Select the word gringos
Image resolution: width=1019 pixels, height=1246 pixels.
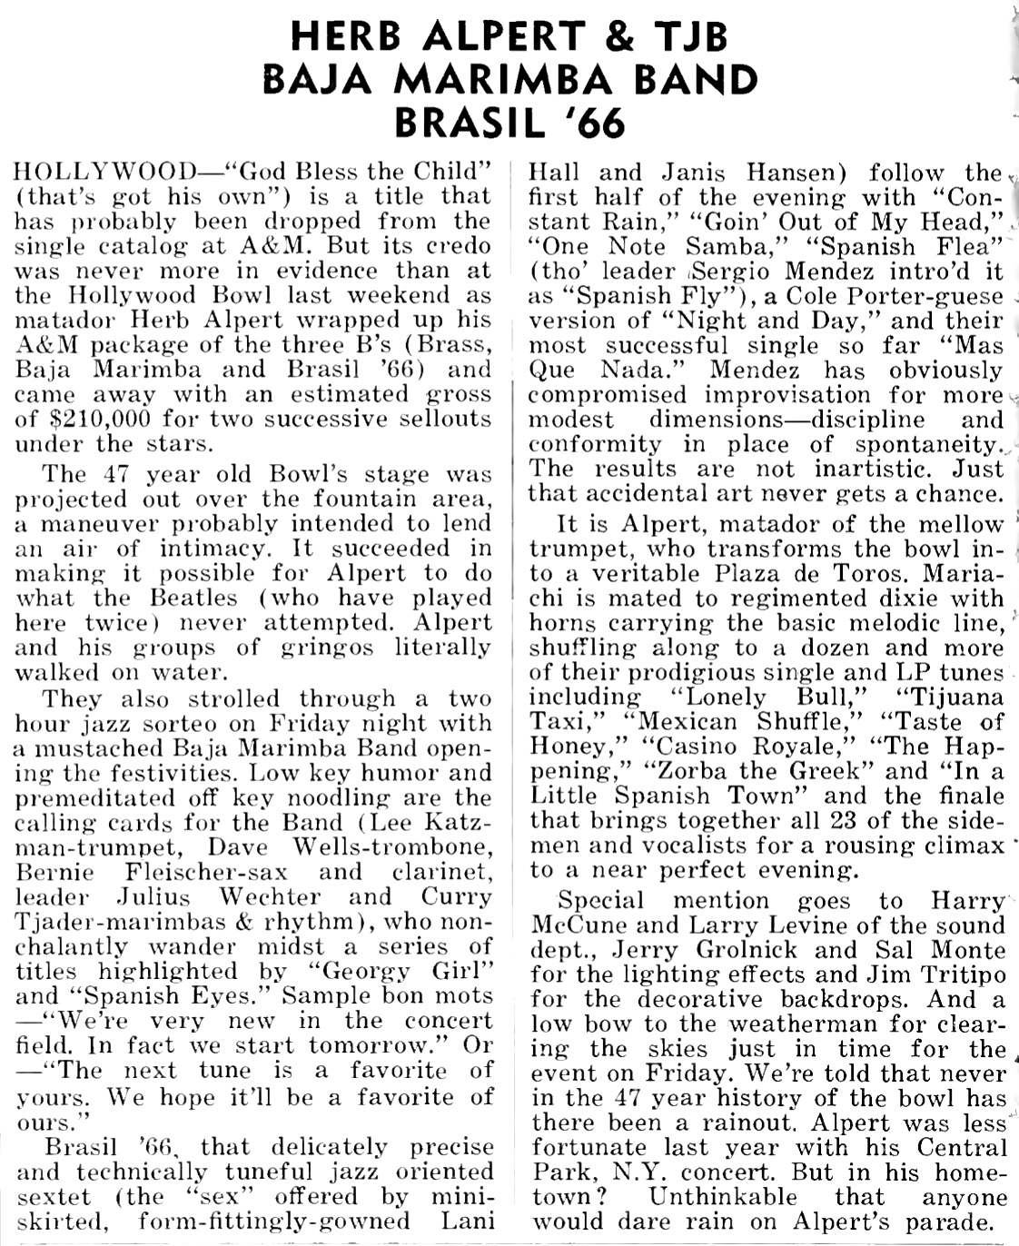(x=318, y=648)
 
